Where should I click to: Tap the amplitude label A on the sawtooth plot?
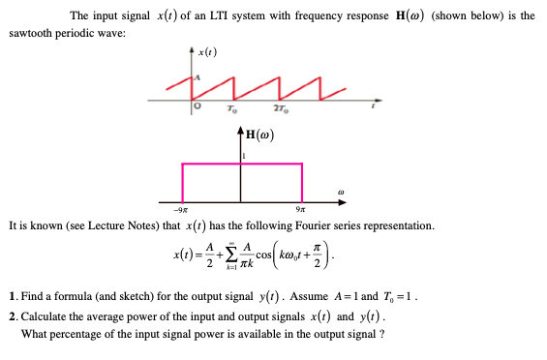tap(198, 75)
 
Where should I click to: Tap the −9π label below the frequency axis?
tap(179, 211)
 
